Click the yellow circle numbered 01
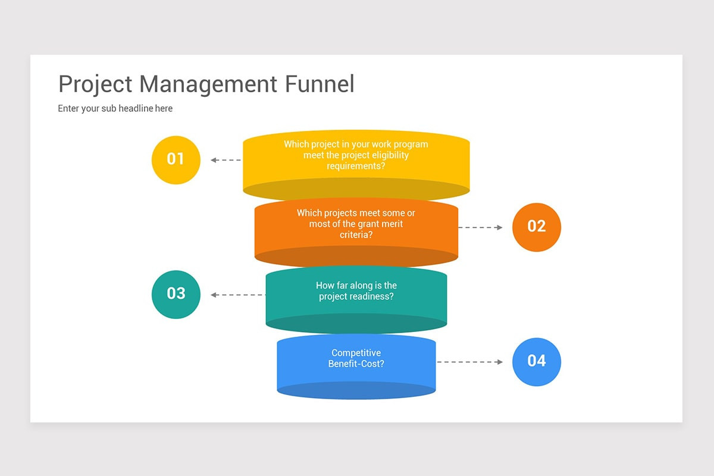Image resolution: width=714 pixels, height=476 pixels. point(176,159)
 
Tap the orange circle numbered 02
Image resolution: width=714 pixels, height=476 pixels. point(536,227)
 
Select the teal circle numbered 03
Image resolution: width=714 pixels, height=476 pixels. point(176,294)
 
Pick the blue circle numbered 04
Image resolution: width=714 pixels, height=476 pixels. point(536,361)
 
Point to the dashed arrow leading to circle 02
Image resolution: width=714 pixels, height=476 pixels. point(480,227)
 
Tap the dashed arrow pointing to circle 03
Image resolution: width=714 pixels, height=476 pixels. point(238,295)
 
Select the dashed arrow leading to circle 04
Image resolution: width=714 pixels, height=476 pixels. point(470,362)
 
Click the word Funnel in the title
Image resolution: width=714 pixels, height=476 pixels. point(319,84)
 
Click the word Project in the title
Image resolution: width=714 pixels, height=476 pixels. point(95,84)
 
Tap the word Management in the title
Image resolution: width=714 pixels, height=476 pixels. point(208,84)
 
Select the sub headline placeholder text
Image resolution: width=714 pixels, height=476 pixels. point(115,108)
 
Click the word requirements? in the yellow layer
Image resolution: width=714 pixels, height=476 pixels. point(356,166)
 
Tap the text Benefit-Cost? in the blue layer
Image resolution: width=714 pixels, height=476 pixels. point(356,364)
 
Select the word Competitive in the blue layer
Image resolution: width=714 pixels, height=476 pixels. point(356,353)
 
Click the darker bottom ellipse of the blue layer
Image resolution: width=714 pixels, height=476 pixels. point(356,391)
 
